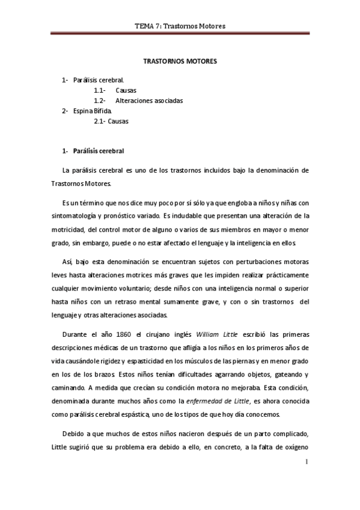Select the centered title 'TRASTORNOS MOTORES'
tap(180, 61)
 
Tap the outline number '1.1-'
tap(100, 90)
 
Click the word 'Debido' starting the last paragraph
tap(75, 434)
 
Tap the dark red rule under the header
tap(180, 34)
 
